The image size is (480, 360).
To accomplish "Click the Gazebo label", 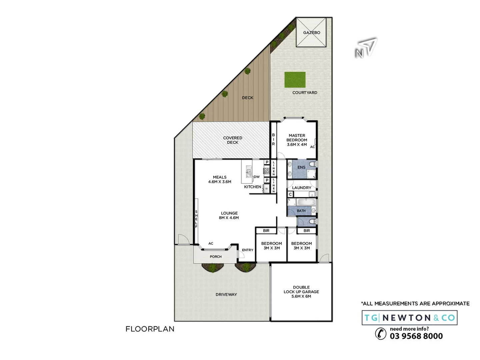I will pyautogui.click(x=311, y=33).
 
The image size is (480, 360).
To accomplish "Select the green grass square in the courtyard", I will pyautogui.click(x=295, y=80).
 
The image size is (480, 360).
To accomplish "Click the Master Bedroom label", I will pyautogui.click(x=297, y=140).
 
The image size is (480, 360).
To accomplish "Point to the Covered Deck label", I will pyautogui.click(x=232, y=140).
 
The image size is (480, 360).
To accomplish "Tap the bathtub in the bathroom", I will pyautogui.click(x=306, y=202).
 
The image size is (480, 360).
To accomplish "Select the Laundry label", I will pyautogui.click(x=301, y=188).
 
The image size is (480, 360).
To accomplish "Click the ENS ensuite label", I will pyautogui.click(x=301, y=167).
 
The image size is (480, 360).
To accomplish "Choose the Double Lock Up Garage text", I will pyautogui.click(x=301, y=292).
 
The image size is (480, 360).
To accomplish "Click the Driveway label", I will pyautogui.click(x=226, y=294).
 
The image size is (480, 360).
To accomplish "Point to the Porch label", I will pyautogui.click(x=216, y=257).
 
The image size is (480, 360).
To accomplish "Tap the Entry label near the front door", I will pyautogui.click(x=247, y=250).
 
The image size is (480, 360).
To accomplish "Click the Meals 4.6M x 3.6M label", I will pyautogui.click(x=220, y=179).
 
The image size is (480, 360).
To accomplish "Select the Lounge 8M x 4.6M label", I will pyautogui.click(x=229, y=215).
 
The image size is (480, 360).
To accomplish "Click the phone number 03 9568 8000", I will pyautogui.click(x=416, y=336).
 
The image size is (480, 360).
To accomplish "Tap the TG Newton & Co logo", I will pyautogui.click(x=409, y=318).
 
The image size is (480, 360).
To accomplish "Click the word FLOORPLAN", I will pyautogui.click(x=150, y=329).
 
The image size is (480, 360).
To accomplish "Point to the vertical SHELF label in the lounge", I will pyautogui.click(x=196, y=219).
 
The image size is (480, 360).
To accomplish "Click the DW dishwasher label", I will pyautogui.click(x=257, y=177).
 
